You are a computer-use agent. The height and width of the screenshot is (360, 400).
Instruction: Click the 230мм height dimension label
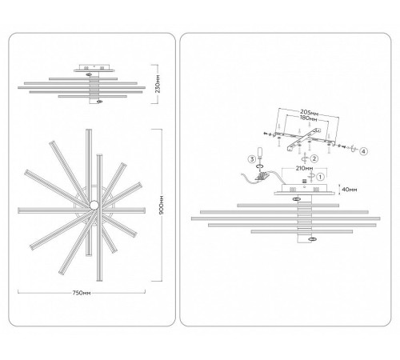click(x=158, y=84)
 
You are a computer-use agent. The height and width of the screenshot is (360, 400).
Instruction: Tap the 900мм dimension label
click(x=162, y=205)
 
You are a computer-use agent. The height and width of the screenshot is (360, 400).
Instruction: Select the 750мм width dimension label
click(x=82, y=293)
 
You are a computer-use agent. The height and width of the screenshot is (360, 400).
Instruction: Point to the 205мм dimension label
click(x=309, y=113)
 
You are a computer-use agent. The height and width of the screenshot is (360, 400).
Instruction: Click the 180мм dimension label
click(x=309, y=118)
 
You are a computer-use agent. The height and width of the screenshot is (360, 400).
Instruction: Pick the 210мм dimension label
click(x=304, y=169)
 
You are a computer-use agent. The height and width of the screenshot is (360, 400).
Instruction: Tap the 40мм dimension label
click(x=350, y=190)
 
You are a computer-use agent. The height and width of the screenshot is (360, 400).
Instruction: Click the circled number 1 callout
click(x=320, y=177)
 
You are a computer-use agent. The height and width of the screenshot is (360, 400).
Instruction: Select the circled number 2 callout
click(x=314, y=158)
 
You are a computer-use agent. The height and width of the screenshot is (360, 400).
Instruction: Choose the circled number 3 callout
click(x=252, y=159)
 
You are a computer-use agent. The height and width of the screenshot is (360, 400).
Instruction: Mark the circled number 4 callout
click(x=363, y=151)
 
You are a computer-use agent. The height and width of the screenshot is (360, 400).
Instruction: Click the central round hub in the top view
click(x=94, y=205)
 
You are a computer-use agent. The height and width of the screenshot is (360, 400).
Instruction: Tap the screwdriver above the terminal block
click(x=260, y=155)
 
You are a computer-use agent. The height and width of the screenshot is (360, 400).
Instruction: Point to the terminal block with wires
click(x=262, y=176)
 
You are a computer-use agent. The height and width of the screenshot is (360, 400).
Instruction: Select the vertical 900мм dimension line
click(x=162, y=205)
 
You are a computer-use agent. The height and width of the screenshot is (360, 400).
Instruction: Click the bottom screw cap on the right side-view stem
click(x=312, y=239)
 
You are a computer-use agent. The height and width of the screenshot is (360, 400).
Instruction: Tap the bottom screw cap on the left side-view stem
click(x=100, y=101)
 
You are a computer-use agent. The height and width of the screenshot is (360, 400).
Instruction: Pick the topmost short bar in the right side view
click(x=288, y=206)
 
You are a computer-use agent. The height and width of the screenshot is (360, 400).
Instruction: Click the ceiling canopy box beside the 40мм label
click(x=304, y=189)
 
